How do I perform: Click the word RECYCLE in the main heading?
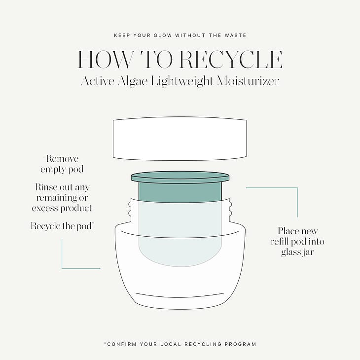231,60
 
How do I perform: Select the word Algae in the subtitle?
133,81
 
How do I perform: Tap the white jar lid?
180,139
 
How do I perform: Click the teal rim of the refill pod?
180,177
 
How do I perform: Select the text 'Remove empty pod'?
62,164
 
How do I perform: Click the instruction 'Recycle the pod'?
62,226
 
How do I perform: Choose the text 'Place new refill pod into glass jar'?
297,241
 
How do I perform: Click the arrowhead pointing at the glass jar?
100,268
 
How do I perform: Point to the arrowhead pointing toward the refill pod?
247,187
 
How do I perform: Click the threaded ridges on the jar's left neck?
130,210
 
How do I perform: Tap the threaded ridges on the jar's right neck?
230,210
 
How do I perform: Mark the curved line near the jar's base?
180,296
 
